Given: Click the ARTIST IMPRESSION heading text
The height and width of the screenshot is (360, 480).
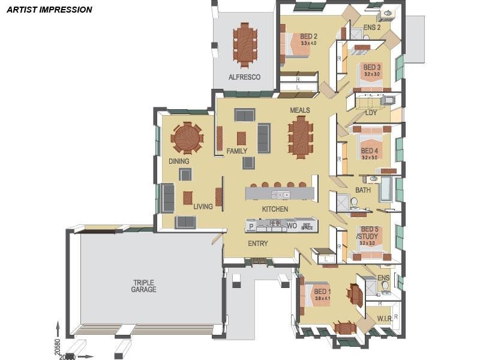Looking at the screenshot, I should coord(49,10).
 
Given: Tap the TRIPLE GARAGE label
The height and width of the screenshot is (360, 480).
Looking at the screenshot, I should coord(144,285).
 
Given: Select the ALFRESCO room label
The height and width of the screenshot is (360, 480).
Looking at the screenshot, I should coord(244,77).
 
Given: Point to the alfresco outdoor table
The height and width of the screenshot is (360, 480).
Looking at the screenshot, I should coord(244,45).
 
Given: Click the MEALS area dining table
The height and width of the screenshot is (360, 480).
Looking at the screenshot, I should coord(300,136).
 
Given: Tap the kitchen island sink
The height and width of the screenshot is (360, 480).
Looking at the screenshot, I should coord(281,194).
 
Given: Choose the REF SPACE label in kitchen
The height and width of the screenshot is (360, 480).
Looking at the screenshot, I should coord(307,226).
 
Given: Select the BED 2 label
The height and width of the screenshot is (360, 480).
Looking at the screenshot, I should coord(308,37).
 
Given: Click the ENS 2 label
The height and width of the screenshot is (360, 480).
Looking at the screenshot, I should coord(372,28).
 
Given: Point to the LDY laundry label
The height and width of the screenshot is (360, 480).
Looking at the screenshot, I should coord(371,113).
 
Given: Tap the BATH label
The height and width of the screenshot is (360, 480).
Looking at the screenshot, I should coord(363,190).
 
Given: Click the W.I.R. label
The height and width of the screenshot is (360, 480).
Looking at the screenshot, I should coord(384,317).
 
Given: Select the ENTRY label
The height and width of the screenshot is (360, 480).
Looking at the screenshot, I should coord(258,244).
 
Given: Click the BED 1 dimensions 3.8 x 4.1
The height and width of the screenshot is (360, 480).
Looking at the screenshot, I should coord(322,299).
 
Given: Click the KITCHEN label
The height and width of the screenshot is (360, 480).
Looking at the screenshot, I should coord(275,209).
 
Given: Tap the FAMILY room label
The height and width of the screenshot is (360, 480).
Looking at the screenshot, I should coord(237,151).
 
